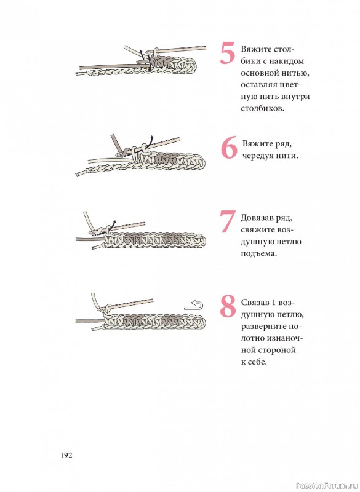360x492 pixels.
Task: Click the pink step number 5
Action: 228,54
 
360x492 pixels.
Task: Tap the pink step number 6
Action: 229,148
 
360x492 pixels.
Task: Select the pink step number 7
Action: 228,221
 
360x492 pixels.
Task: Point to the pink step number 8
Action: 228,306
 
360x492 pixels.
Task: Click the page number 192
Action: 66,455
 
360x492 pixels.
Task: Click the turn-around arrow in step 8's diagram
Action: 194,305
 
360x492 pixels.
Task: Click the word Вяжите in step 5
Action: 256,50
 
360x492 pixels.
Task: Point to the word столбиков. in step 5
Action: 262,109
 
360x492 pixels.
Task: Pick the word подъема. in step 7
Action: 259,253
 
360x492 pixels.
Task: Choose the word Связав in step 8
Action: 254,303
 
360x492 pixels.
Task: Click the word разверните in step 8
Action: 264,327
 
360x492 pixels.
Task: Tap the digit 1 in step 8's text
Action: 273,303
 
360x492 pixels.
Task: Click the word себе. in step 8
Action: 257,362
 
